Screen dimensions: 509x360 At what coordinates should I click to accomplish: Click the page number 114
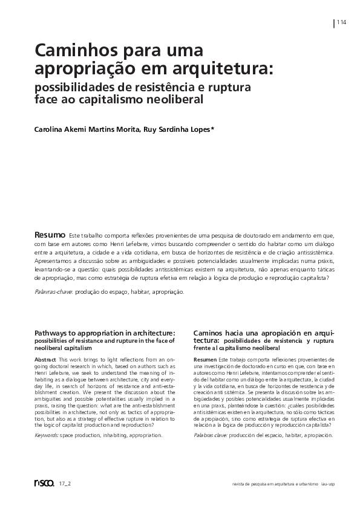[x=341, y=22]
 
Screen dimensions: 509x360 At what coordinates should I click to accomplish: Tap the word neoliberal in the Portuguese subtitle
[x=169, y=99]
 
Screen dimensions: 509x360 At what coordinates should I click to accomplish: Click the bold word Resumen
[x=205, y=360]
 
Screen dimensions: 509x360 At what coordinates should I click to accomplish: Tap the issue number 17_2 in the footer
[x=65, y=484]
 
